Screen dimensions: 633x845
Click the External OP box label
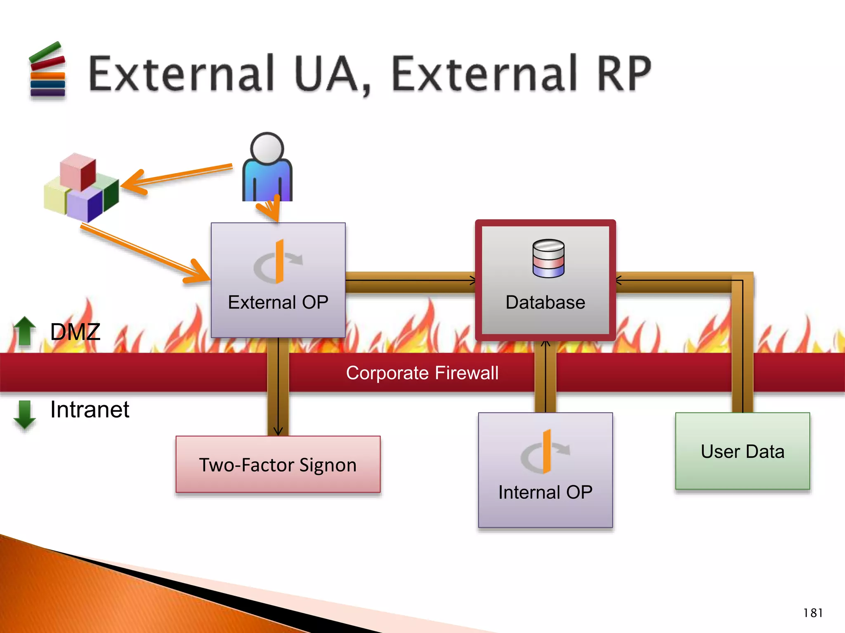click(278, 302)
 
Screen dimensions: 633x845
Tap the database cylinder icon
click(548, 258)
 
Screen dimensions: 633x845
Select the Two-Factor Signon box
click(278, 464)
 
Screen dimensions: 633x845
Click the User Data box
click(742, 451)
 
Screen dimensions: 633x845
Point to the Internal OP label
click(545, 492)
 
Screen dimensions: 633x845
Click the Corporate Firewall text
click(422, 373)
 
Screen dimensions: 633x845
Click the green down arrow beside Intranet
click(25, 414)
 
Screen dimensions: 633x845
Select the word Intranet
click(90, 410)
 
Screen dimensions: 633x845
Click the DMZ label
click(75, 332)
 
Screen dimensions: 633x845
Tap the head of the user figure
click(267, 148)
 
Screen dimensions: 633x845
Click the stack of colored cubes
click(81, 188)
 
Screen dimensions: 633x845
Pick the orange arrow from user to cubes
click(177, 176)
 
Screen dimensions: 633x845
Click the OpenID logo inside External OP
click(278, 262)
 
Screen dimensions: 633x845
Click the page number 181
click(813, 613)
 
